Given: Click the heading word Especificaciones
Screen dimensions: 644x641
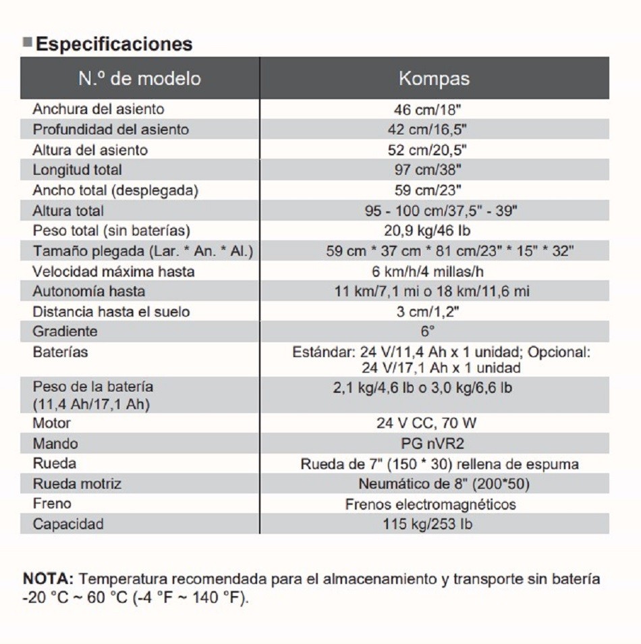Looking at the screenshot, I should pyautogui.click(x=114, y=45).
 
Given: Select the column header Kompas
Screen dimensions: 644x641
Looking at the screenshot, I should pyautogui.click(x=434, y=78).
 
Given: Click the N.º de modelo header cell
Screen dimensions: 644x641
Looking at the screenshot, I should pyautogui.click(x=140, y=78).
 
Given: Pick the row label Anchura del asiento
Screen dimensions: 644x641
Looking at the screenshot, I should pyautogui.click(x=98, y=109).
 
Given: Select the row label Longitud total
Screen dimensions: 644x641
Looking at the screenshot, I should pyautogui.click(x=77, y=170).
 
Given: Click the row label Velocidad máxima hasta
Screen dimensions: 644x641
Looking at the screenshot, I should pyautogui.click(x=113, y=271).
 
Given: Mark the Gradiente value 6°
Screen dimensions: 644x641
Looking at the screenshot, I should pyautogui.click(x=428, y=331).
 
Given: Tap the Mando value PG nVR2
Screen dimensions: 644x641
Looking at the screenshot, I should pyautogui.click(x=432, y=444).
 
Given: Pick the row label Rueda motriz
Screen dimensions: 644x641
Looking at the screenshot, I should pyautogui.click(x=77, y=484).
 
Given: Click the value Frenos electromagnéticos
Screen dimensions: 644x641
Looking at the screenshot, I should pyautogui.click(x=430, y=504).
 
